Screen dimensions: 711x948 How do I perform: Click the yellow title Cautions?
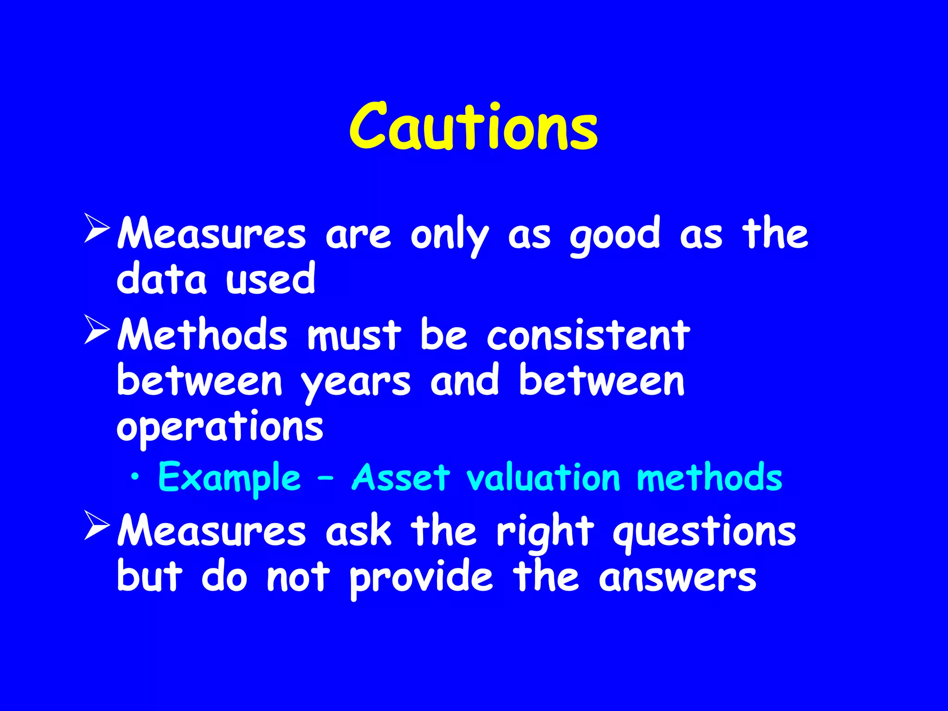[473, 127]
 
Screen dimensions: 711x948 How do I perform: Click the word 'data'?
[162, 279]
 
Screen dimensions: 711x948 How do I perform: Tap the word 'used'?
[270, 279]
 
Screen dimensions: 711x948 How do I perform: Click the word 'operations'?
[220, 427]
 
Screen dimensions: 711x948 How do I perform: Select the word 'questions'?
[704, 531]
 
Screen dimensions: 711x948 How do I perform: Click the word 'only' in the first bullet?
[449, 235]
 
